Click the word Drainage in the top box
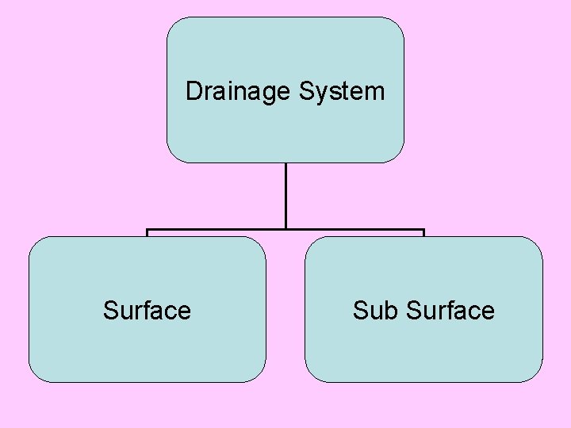(238, 92)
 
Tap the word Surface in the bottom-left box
(147, 311)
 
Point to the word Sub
(375, 311)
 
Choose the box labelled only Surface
(147, 349)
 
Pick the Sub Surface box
(423, 349)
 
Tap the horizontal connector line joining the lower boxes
(214, 230)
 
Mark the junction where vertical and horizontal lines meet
(285, 230)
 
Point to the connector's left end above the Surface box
(148, 231)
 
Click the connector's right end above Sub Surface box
(423, 231)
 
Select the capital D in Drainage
(193, 92)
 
